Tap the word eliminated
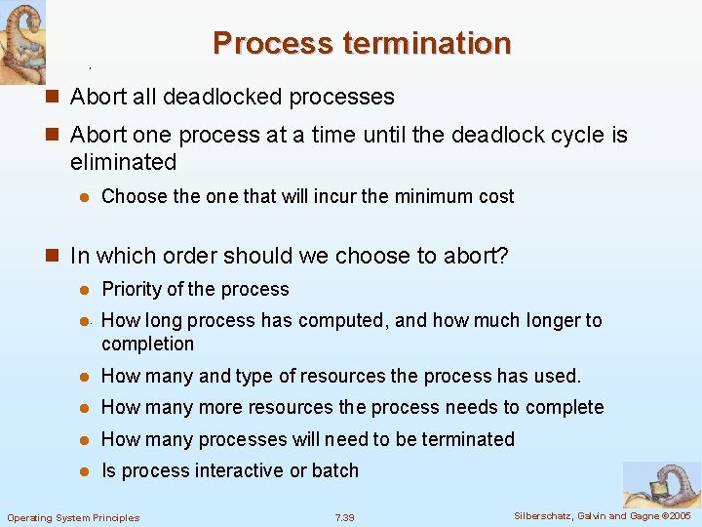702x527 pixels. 124,162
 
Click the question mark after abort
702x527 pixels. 503,257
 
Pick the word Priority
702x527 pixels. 132,290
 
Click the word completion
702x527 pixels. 148,345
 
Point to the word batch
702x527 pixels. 335,471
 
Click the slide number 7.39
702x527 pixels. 345,516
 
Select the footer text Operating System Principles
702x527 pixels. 73,517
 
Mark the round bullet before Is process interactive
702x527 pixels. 85,471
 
